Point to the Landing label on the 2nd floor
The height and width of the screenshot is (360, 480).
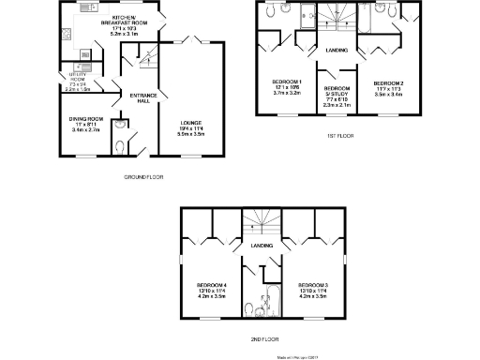[262, 246]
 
